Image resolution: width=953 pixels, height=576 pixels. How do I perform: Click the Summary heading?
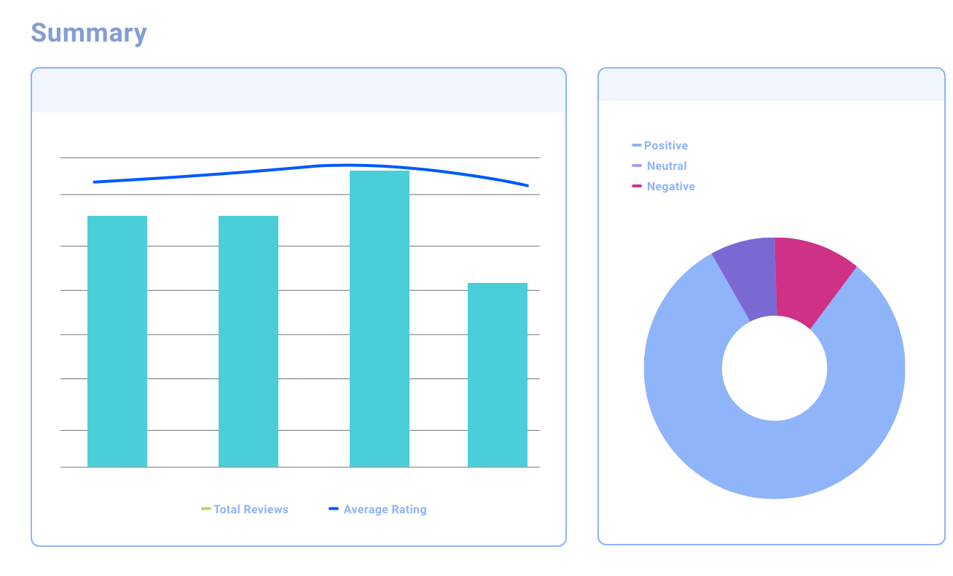(x=89, y=34)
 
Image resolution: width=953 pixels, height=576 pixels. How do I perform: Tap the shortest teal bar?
(x=497, y=375)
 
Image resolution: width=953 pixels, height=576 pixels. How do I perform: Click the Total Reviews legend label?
(x=251, y=510)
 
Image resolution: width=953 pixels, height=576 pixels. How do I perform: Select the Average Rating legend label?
(x=385, y=510)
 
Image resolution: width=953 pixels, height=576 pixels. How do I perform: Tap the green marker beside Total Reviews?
(x=206, y=509)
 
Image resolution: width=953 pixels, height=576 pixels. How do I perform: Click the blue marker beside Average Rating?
(x=334, y=509)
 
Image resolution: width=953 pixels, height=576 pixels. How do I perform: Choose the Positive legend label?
(x=666, y=146)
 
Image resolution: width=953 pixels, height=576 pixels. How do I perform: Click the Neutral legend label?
(x=667, y=166)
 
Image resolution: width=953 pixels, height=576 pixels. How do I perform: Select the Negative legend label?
(x=671, y=187)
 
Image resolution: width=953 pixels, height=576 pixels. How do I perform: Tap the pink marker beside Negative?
(x=637, y=186)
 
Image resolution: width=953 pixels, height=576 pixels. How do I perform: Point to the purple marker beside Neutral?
(x=637, y=166)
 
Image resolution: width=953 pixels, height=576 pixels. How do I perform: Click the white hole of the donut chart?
(x=774, y=368)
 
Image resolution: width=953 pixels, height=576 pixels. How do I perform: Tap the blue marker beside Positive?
(x=637, y=145)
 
